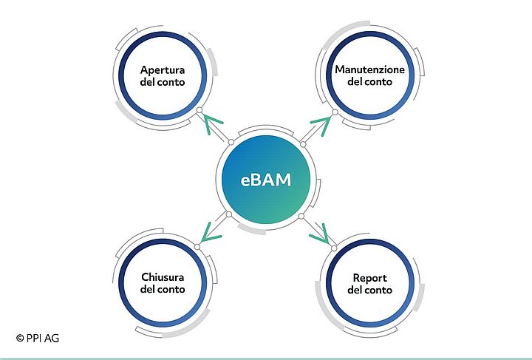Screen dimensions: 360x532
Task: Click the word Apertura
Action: (x=162, y=71)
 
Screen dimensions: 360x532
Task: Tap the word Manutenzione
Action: (x=369, y=69)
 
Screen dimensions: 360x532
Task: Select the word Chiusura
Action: (x=162, y=277)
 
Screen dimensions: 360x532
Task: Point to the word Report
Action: (x=369, y=277)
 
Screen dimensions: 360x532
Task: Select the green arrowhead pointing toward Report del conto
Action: (x=319, y=234)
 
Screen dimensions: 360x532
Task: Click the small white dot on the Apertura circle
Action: (x=198, y=111)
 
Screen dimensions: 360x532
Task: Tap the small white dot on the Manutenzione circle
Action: (x=334, y=112)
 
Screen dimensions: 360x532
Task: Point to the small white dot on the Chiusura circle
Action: (x=197, y=247)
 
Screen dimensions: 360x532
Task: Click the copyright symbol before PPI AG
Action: (x=19, y=338)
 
